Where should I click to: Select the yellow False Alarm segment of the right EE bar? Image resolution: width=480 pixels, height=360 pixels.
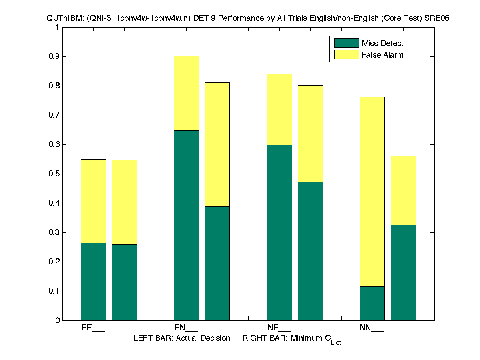pyautogui.click(x=124, y=202)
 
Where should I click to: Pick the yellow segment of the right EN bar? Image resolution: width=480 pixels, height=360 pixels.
pyautogui.click(x=217, y=144)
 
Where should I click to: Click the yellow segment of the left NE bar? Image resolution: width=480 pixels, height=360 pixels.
pyautogui.click(x=279, y=109)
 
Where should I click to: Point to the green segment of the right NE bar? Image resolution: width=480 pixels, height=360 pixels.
pyautogui.click(x=310, y=251)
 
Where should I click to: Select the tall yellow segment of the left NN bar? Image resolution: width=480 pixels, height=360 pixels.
pyautogui.click(x=372, y=192)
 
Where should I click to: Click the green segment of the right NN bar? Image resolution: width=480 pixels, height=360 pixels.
pyautogui.click(x=403, y=272)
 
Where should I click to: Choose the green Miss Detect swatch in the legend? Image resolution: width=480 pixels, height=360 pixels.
pyautogui.click(x=346, y=43)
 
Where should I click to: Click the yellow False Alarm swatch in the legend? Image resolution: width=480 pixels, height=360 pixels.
pyautogui.click(x=346, y=55)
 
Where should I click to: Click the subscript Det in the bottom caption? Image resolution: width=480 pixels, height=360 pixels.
pyautogui.click(x=336, y=343)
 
